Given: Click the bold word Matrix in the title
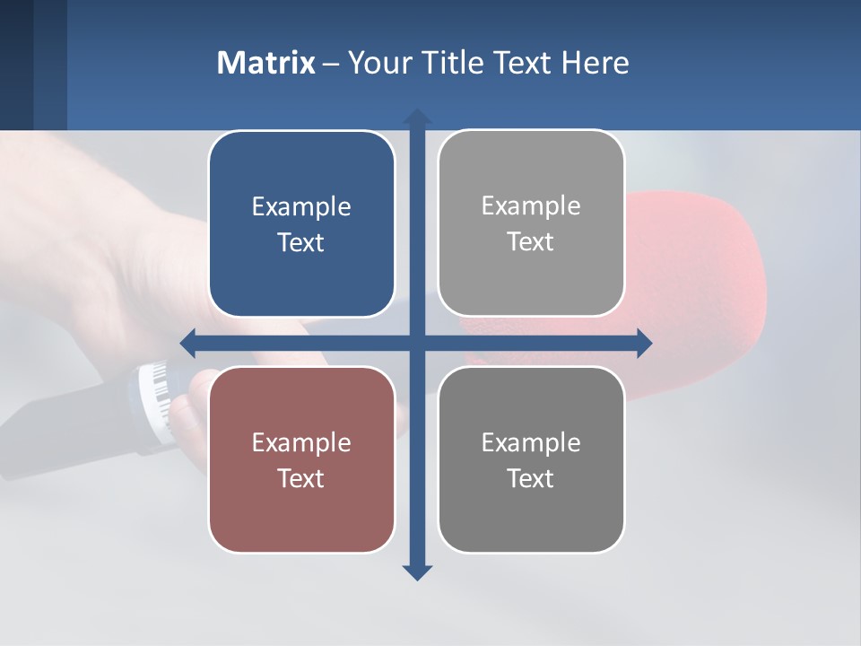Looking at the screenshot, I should click(x=265, y=63).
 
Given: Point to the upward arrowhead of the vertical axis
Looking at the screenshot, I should click(x=417, y=118).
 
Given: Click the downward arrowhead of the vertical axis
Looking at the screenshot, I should click(x=417, y=572).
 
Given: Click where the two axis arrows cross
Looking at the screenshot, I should click(x=417, y=343).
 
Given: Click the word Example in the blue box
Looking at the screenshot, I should click(x=301, y=207).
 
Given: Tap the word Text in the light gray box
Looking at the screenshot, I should click(x=531, y=242).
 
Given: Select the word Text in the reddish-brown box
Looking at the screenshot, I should click(x=301, y=478).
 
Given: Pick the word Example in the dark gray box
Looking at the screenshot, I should click(x=531, y=442).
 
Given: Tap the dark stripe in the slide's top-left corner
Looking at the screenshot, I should click(x=16, y=63).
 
